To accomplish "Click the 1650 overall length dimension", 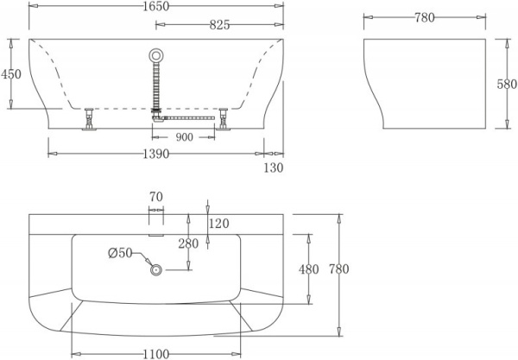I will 156,6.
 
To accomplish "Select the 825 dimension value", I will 219,25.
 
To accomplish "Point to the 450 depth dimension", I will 11,74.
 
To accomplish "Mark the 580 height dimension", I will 509,85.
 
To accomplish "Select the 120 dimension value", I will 220,224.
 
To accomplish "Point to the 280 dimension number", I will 188,243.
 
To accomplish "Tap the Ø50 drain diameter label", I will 120,252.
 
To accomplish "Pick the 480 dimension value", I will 309,269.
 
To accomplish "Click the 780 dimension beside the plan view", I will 338,269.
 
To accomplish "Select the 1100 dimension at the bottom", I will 156,353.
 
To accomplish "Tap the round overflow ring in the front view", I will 156,55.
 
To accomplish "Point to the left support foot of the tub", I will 88,121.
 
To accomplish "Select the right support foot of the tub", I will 224,121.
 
